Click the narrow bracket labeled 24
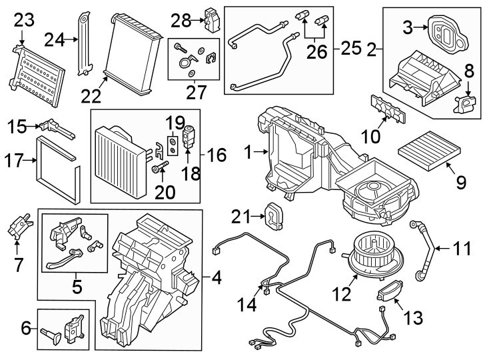point(85,42)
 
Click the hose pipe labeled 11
point(422,251)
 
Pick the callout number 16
point(217,157)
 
